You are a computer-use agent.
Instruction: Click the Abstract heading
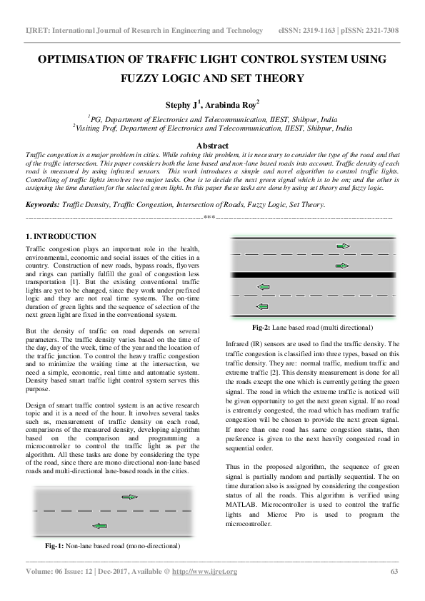[212, 146]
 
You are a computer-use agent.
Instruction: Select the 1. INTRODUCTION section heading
[61, 236]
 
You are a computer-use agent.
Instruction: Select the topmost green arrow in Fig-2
[343, 246]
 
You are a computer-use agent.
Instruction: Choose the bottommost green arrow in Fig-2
[262, 305]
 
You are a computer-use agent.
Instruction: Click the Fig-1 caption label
[55, 545]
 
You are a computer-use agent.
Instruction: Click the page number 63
[394, 572]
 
